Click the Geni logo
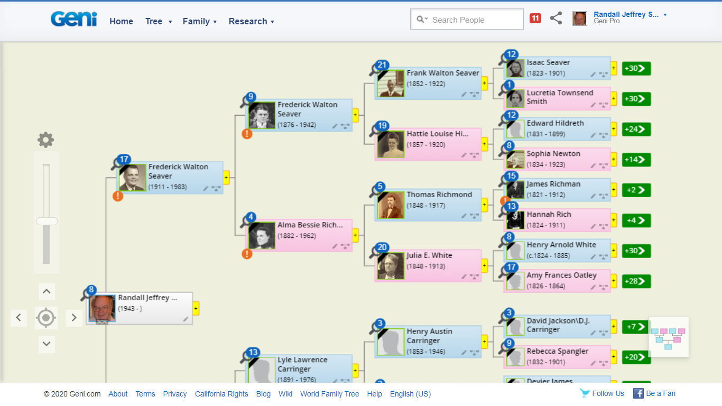[73, 20]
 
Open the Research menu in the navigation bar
[251, 22]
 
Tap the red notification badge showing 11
[535, 19]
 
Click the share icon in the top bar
[556, 19]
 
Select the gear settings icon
[46, 140]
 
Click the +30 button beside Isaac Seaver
[636, 69]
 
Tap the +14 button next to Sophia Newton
[636, 160]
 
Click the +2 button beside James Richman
[636, 190]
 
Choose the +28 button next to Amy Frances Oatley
[636, 282]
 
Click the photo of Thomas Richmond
[391, 206]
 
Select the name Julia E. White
[429, 255]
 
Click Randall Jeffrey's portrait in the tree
[102, 308]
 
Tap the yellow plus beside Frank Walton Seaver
[485, 84]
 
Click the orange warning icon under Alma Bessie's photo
[247, 254]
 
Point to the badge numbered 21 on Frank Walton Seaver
[382, 66]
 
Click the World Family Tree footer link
[329, 394]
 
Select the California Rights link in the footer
[221, 394]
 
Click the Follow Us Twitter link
[603, 393]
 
